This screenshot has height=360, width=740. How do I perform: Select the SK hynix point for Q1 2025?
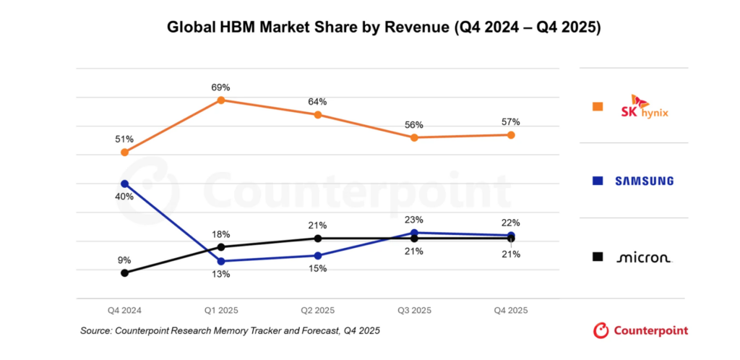221,100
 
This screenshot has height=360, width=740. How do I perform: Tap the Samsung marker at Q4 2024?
125,184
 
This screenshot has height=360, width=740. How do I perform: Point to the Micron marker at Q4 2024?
125,273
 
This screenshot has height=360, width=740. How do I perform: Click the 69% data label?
221,87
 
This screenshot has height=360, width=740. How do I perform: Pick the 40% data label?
125,197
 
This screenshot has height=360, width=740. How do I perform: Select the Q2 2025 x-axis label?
318,310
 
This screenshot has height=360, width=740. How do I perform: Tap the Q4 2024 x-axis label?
125,310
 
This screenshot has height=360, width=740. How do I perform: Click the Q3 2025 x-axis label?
414,310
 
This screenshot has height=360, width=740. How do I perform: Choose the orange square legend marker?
598,107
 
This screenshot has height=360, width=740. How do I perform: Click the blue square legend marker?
598,181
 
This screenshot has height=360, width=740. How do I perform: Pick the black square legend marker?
598,257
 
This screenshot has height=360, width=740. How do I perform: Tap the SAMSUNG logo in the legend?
644,181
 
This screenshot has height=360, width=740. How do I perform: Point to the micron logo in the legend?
643,257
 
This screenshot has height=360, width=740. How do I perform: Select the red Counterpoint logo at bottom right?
640,330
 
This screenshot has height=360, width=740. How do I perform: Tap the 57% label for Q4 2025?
511,121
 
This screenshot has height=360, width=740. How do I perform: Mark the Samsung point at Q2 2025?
318,255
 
